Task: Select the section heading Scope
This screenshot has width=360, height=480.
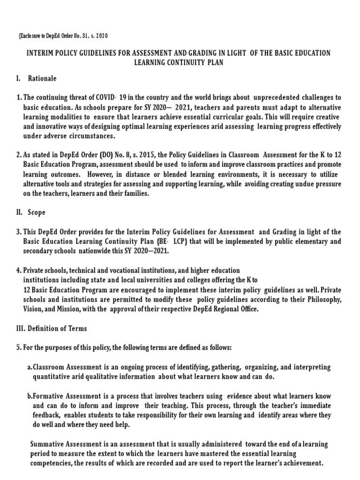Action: [x=37, y=212]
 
